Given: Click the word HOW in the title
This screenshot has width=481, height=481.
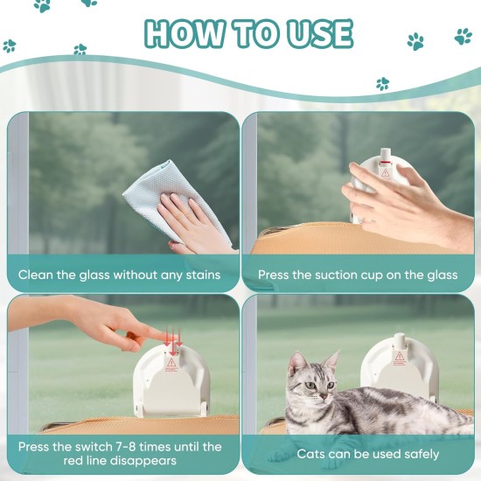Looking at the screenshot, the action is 184,33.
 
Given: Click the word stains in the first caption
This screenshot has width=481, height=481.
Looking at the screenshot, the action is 204,275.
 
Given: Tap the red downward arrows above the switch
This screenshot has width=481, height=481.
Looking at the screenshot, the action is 173,340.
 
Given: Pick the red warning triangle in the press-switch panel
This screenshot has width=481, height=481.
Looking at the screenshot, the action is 171,363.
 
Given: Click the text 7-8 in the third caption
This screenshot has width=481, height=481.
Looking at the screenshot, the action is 129,447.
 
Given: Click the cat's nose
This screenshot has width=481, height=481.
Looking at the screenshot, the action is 324,397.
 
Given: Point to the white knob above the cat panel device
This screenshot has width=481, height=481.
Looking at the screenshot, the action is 399,340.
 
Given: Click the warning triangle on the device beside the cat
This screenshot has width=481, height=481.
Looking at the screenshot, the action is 399,357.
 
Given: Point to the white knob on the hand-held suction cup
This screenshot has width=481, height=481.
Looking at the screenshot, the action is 387,156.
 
